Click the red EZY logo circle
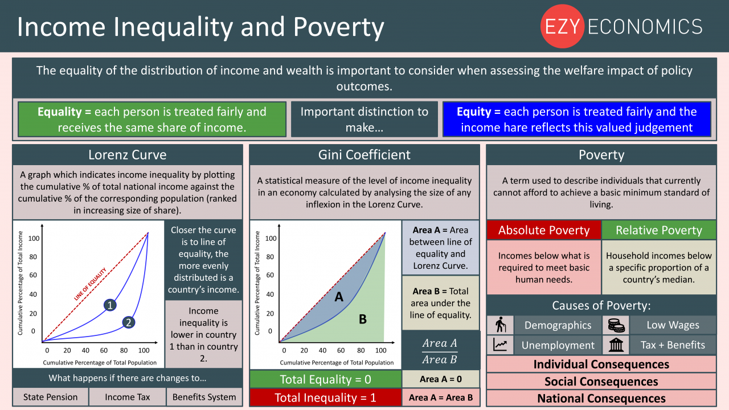(x=562, y=26)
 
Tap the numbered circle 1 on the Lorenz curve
(x=110, y=305)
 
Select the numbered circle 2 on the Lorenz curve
(x=129, y=322)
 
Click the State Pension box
(x=51, y=397)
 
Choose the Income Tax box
(x=127, y=397)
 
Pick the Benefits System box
(x=204, y=397)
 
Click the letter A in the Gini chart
(x=339, y=297)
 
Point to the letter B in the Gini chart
(x=363, y=319)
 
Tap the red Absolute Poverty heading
(x=544, y=230)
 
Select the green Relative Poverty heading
(x=659, y=230)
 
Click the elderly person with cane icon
(x=500, y=325)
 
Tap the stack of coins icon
(x=616, y=325)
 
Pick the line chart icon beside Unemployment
(x=500, y=345)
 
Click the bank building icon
(x=616, y=345)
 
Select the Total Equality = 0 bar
(x=325, y=379)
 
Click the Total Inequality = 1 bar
(x=325, y=397)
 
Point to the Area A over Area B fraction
(x=440, y=351)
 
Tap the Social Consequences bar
(x=601, y=382)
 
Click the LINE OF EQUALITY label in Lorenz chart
(x=90, y=284)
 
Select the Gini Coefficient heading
(x=364, y=155)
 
